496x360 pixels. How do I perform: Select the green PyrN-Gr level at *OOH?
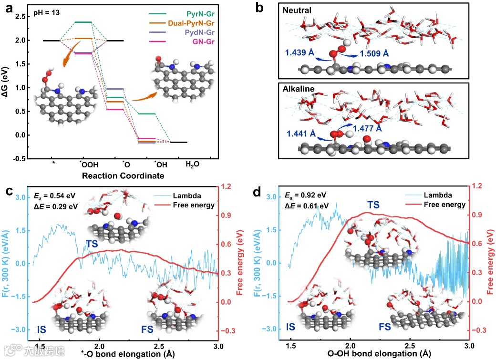tap(83, 22)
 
